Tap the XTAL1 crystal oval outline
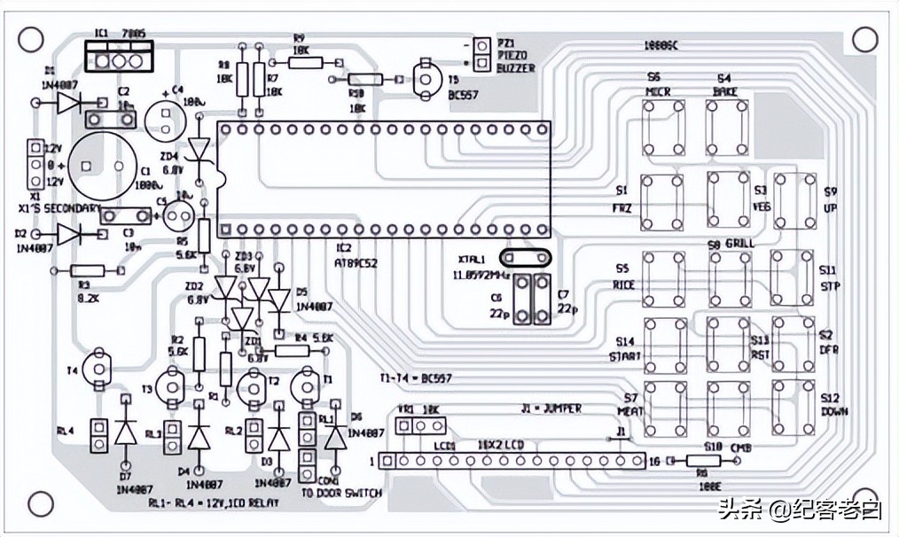525,257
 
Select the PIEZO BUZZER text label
517,55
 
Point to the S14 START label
625,349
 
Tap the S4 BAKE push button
727,127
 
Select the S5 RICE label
623,276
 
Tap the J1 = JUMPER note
551,409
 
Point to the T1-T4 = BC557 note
416,378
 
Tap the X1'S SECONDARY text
59,207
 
